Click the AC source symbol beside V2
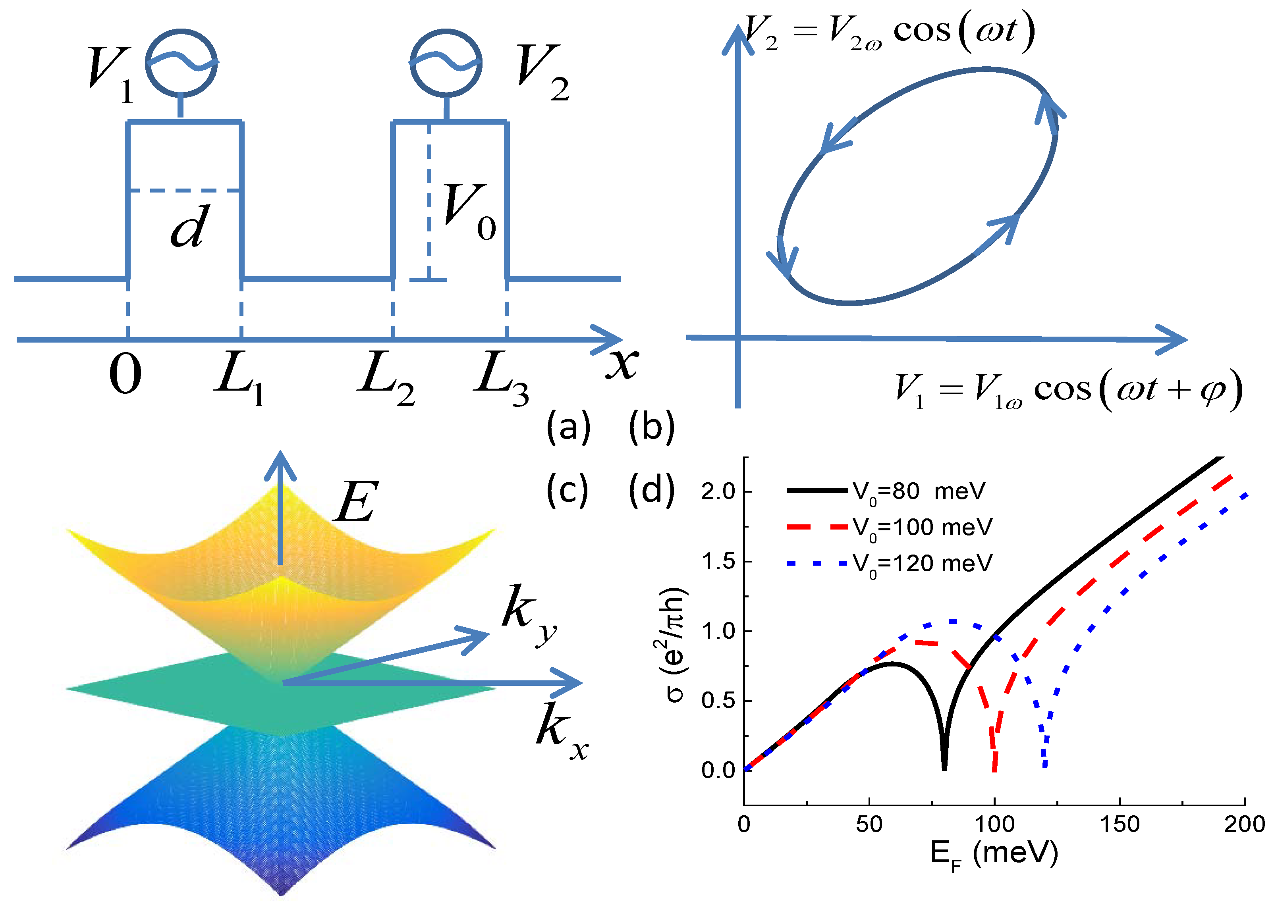(x=446, y=63)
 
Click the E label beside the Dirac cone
(x=356, y=501)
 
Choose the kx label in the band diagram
(x=561, y=731)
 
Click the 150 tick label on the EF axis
(x=1119, y=824)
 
